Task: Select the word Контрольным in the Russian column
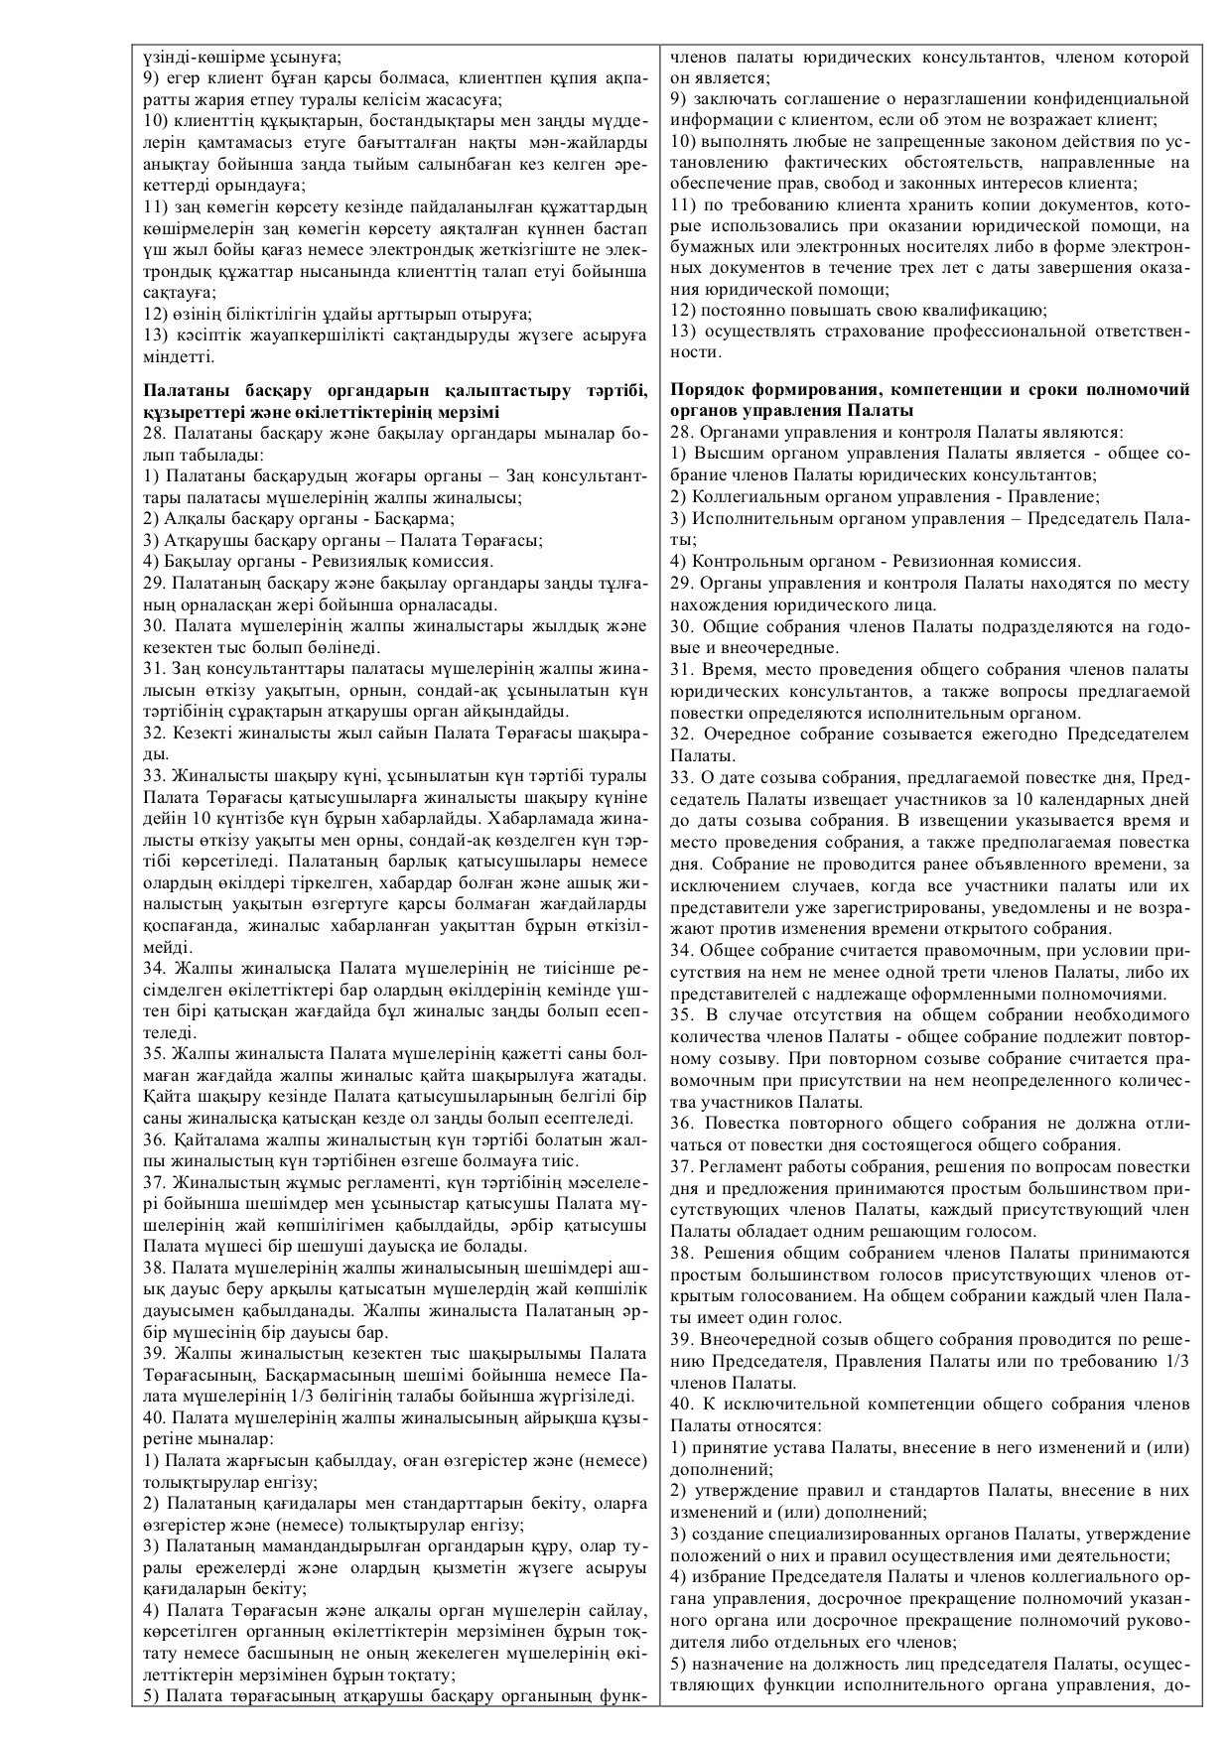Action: pos(746,561)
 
